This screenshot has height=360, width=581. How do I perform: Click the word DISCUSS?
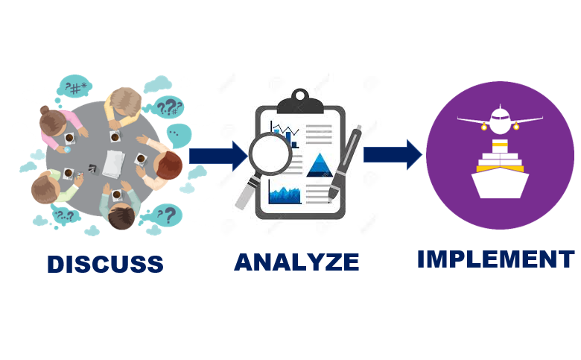point(105,264)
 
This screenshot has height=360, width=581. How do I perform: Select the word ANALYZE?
point(296,262)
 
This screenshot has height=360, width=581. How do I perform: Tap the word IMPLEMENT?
point(495,259)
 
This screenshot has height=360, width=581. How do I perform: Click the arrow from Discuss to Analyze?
point(218,155)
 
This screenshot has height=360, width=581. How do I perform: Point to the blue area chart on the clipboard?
point(285,194)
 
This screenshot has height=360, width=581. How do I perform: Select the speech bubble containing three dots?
point(179,136)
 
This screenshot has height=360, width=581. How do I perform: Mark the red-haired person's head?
point(169,165)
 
